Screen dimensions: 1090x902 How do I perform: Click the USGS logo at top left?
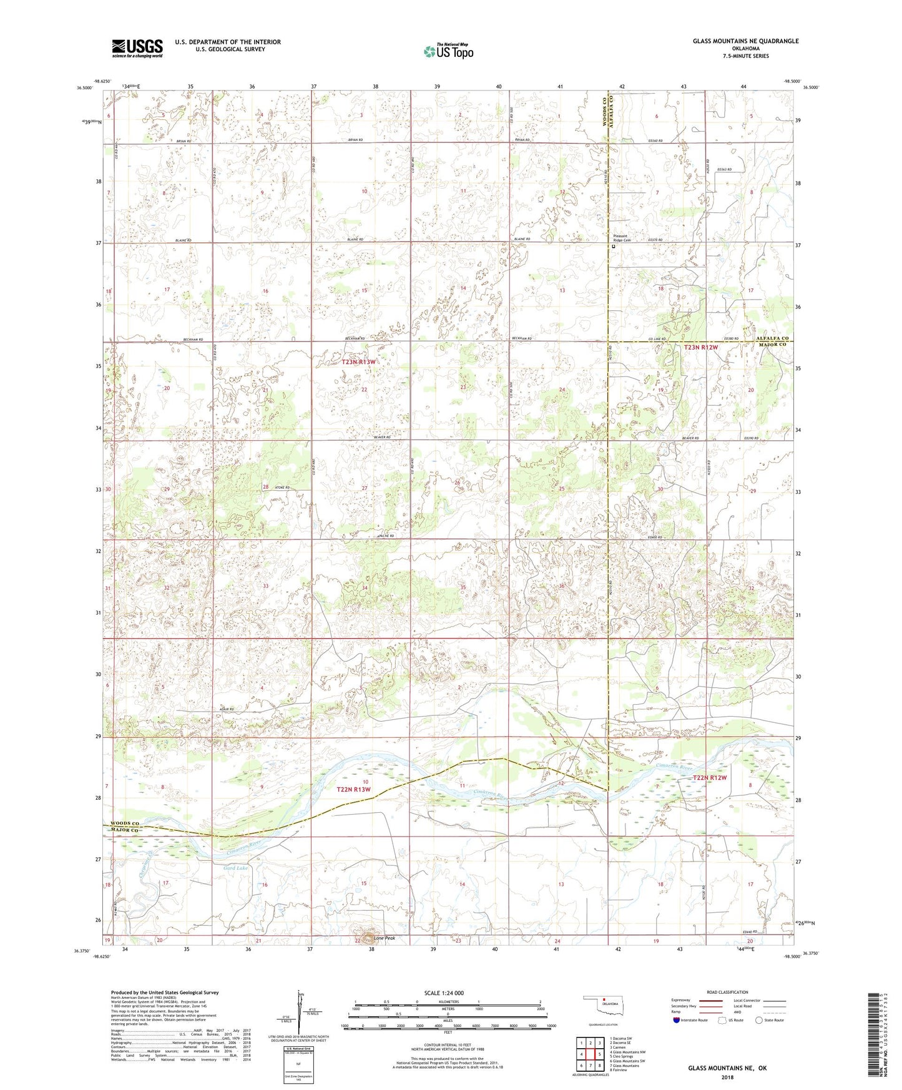[137, 48]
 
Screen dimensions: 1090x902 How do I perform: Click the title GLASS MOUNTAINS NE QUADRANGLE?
[745, 41]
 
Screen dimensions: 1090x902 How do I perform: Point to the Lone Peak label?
[384, 938]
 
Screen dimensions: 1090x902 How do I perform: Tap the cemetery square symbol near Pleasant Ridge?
[613, 247]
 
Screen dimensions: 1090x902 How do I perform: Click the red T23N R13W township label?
[359, 362]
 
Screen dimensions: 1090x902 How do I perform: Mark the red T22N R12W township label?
[710, 778]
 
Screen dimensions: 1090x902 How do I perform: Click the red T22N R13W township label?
[354, 790]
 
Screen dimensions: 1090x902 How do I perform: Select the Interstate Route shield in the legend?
[677, 1020]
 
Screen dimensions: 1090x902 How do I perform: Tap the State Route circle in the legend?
[759, 1020]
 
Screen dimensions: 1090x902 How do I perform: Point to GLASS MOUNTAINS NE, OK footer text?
[727, 1068]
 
